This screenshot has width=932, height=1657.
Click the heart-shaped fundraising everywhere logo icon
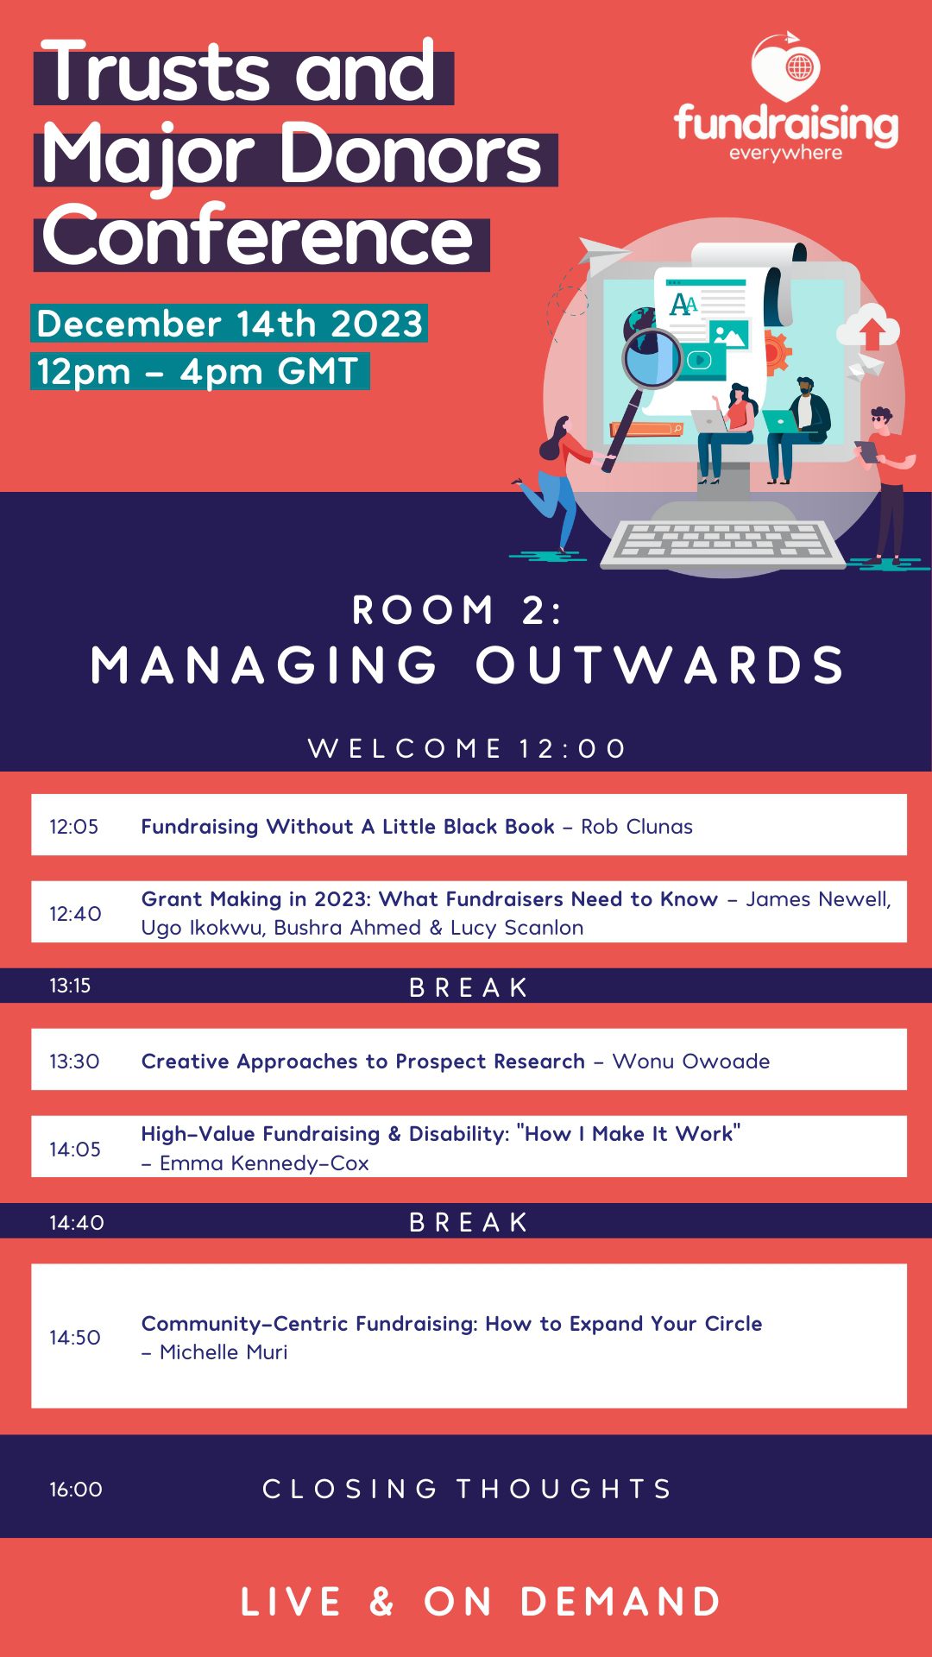pyautogui.click(x=785, y=67)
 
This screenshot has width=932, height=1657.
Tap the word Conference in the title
pyautogui.click(x=258, y=236)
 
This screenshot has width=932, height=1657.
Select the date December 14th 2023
pyautogui.click(x=230, y=324)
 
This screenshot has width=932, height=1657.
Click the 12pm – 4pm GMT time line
pyautogui.click(x=198, y=371)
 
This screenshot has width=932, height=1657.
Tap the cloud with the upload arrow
pyautogui.click(x=868, y=328)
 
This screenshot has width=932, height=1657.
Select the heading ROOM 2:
pyautogui.click(x=457, y=611)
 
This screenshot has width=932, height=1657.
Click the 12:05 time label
pyautogui.click(x=74, y=827)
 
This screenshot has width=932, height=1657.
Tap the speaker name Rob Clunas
pyautogui.click(x=637, y=827)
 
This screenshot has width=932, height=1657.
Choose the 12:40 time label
pyautogui.click(x=75, y=914)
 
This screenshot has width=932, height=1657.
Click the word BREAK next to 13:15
pyautogui.click(x=469, y=987)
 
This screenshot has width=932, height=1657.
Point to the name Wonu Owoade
pyautogui.click(x=691, y=1062)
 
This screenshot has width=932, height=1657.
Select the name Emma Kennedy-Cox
pyautogui.click(x=264, y=1163)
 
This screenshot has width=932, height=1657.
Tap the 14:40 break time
pyautogui.click(x=77, y=1223)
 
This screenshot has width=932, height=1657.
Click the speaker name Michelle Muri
pyautogui.click(x=224, y=1352)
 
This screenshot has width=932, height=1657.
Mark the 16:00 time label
pyautogui.click(x=76, y=1490)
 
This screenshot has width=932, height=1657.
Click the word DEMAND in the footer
pyautogui.click(x=620, y=1602)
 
